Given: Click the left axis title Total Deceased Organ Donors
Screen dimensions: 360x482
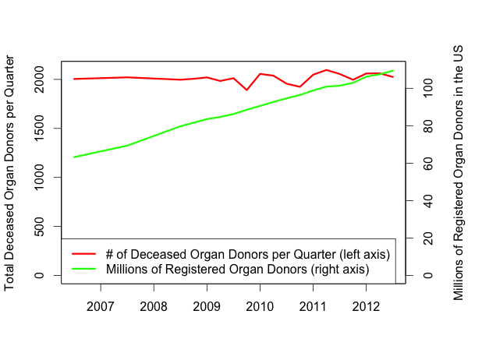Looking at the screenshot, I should point(10,172).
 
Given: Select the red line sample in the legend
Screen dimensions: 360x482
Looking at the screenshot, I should point(83,254).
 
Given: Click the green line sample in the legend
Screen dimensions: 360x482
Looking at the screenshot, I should point(83,269).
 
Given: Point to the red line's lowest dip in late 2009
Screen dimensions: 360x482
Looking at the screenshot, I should point(246,90).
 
